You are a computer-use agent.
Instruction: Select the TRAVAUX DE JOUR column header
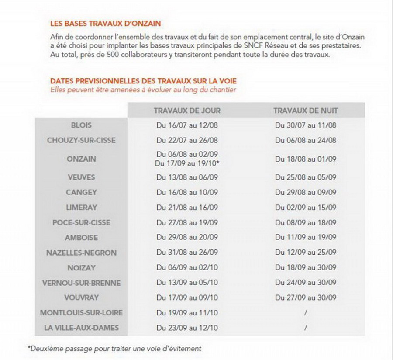[x=187, y=111]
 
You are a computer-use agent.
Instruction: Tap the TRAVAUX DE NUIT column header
[x=306, y=111]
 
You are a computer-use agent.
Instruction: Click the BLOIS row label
[x=81, y=125]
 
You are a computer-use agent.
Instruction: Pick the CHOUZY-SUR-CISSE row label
[x=81, y=140]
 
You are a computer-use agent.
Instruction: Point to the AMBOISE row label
[x=81, y=238]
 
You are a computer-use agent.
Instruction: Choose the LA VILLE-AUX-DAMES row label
[x=81, y=327]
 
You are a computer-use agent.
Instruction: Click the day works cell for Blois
[x=187, y=125]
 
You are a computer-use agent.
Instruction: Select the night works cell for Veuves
[x=306, y=177]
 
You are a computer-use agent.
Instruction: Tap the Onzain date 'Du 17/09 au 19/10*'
[x=187, y=163]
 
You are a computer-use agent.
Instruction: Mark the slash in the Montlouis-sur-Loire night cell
[x=306, y=312]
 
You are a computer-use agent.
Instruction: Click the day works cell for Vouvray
[x=187, y=298]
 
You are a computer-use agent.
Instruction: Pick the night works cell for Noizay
[x=306, y=268]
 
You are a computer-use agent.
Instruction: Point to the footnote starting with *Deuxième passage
[x=114, y=348]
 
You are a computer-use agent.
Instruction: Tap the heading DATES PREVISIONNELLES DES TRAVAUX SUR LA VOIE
[x=144, y=81]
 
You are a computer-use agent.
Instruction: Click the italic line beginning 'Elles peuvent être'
[x=143, y=90]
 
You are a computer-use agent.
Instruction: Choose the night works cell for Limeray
[x=306, y=207]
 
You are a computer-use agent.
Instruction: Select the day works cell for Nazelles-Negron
[x=187, y=253]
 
